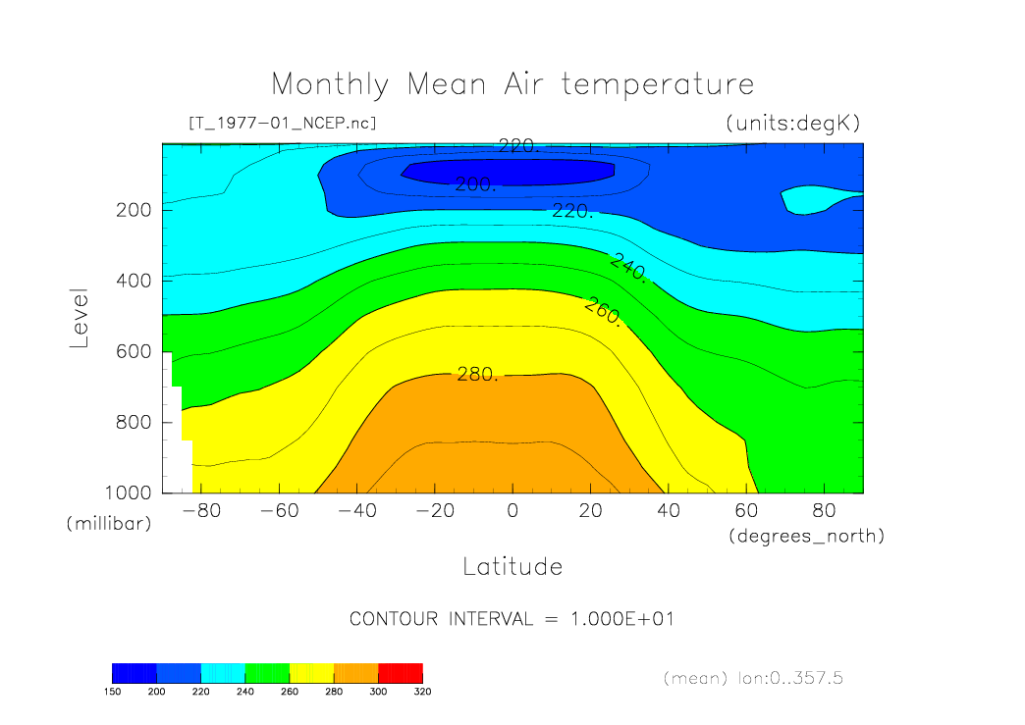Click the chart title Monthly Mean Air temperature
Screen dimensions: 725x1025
tap(512, 84)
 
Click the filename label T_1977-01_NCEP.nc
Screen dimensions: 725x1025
tap(282, 123)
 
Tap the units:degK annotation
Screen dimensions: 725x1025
tap(792, 123)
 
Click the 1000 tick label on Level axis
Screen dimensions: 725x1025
tap(130, 492)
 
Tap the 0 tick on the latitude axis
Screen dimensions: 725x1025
tap(512, 511)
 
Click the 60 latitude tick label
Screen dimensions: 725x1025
tap(746, 511)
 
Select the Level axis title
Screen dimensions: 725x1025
tap(81, 319)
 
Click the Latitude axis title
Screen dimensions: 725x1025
tap(512, 566)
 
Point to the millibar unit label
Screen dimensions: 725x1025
tap(109, 524)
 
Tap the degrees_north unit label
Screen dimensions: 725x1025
tap(806, 536)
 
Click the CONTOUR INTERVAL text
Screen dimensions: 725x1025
tap(512, 619)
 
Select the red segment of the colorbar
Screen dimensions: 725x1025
tap(400, 672)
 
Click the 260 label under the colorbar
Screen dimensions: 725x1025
tap(290, 692)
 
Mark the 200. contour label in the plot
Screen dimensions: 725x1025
tap(476, 184)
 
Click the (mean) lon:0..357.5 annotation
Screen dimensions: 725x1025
tap(753, 678)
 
